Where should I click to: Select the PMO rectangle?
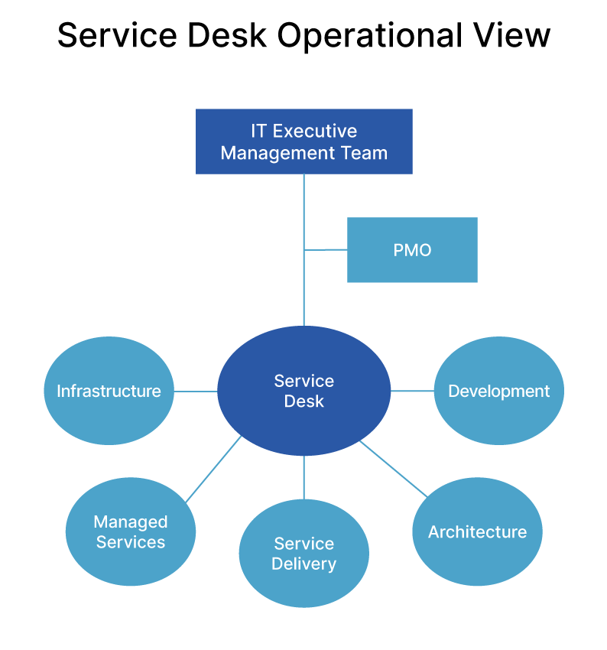pos(412,250)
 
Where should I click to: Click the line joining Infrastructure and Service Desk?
pos(196,391)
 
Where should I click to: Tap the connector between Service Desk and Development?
pos(412,391)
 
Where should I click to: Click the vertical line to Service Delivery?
pos(303,477)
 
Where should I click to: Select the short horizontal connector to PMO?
pos(326,249)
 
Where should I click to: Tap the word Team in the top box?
pos(365,153)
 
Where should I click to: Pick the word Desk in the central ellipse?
pos(303,401)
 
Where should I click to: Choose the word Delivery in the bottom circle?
pos(303,564)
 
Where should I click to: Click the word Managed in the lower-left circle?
pos(131,522)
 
